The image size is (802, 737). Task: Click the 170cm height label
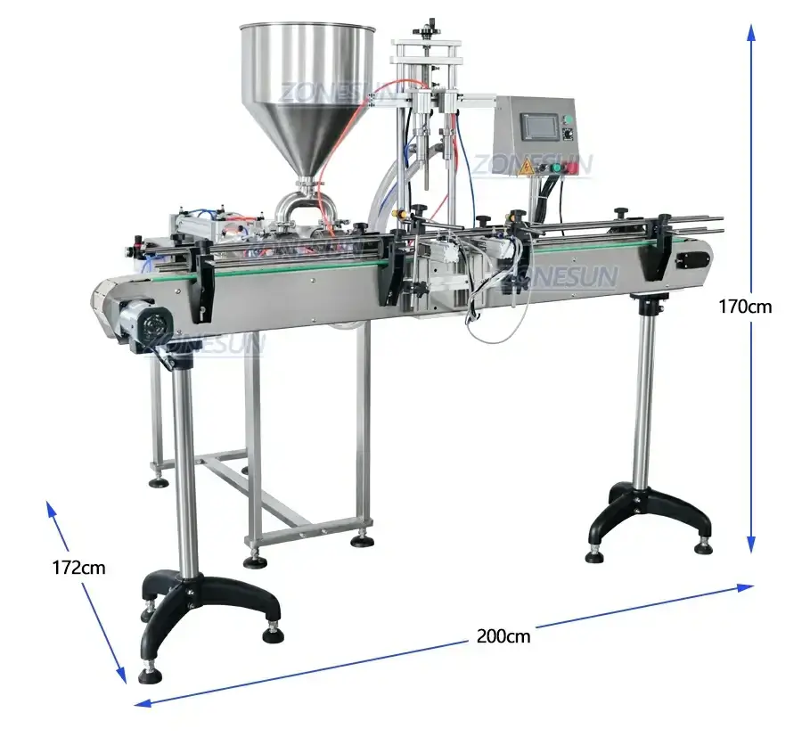pyautogui.click(x=746, y=307)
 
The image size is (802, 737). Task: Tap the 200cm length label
pyautogui.click(x=503, y=635)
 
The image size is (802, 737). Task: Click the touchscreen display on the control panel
pyautogui.click(x=537, y=126)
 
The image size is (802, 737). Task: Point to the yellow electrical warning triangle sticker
pyautogui.click(x=527, y=167)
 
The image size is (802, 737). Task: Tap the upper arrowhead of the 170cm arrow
pyautogui.click(x=751, y=34)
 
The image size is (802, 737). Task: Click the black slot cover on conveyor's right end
pyautogui.click(x=692, y=259)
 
